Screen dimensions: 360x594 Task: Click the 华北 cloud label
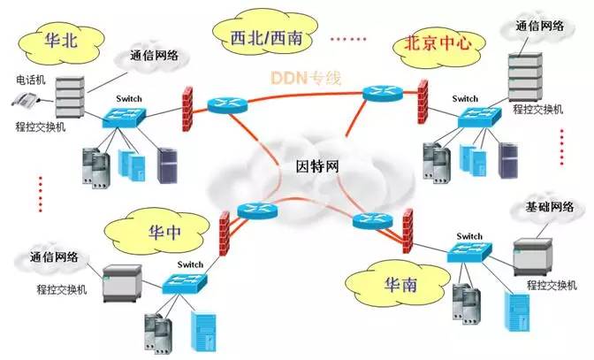tap(60, 40)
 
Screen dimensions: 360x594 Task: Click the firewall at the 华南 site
tap(407, 228)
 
